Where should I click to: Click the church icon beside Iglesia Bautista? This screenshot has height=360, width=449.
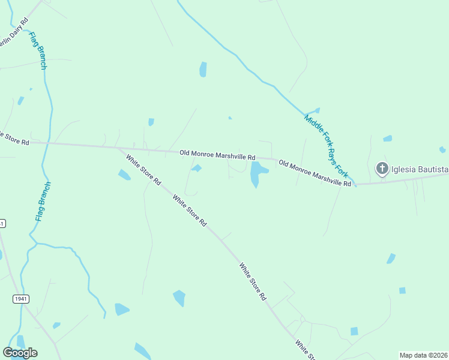coord(382,169)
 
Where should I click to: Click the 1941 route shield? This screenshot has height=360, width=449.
coord(20,298)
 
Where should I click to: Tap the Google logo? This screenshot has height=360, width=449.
coord(20,352)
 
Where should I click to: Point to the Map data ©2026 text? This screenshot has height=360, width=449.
coord(423,355)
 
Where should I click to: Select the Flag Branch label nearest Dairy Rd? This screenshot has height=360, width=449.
coord(37,50)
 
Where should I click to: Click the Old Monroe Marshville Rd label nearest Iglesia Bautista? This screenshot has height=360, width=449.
coord(315,173)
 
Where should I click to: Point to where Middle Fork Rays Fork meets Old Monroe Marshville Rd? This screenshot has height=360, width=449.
coord(355,184)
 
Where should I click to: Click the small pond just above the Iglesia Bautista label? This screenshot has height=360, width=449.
coord(388,139)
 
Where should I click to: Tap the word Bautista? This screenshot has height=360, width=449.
coord(432,169)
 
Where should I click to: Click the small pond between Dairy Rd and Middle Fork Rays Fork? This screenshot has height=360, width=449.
coord(203,69)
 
